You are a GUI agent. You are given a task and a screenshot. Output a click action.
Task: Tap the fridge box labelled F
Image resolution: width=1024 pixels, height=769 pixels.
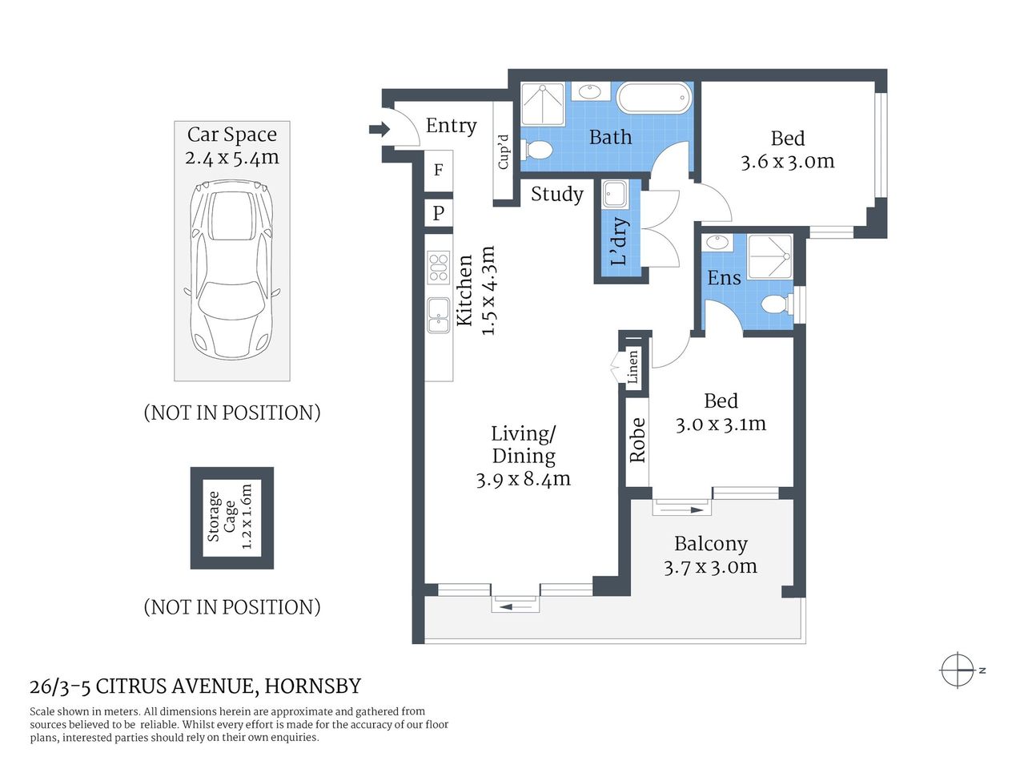pos(438,170)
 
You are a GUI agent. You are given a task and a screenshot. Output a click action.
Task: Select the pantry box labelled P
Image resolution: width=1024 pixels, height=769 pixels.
pos(438,213)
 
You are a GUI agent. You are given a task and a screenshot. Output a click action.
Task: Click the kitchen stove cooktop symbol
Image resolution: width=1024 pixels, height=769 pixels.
pos(438,267)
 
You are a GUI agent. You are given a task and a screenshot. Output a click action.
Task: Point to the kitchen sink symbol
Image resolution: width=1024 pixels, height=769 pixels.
pos(438,315)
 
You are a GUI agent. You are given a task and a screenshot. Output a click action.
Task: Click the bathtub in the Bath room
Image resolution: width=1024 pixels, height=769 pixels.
pos(653,99)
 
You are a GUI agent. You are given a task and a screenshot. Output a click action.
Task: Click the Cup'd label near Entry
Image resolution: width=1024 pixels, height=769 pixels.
pos(504,151)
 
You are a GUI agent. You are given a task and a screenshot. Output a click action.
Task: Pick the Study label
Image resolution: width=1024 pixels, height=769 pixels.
pos(557,194)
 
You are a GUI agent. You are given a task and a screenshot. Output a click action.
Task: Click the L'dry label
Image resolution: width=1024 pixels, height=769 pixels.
pos(619,241)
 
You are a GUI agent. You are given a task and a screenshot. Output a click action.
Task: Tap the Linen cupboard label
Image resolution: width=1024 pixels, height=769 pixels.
pos(633,368)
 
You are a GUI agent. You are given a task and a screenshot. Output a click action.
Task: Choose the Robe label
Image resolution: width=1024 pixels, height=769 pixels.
pos(637,440)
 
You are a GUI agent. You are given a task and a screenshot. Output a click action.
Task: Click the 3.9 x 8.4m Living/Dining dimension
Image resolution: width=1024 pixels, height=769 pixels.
pos(523,480)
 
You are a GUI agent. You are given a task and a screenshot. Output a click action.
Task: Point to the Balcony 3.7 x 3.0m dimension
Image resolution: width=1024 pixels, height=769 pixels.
pos(710,566)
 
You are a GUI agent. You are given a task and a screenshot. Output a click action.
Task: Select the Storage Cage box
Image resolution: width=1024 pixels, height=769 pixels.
pos(231,518)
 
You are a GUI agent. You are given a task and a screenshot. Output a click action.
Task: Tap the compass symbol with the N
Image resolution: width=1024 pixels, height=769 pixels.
pos(958,670)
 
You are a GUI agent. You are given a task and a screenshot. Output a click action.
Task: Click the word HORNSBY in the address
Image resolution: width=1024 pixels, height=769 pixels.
pos(312,686)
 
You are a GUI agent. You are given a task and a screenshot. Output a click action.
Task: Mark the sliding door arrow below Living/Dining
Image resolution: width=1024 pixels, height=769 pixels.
pos(515,607)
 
